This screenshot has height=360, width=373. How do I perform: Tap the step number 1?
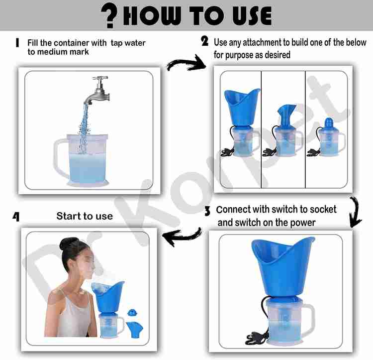(17, 43)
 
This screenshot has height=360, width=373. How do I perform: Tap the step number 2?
(204, 41)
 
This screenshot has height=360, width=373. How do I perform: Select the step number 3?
(207, 212)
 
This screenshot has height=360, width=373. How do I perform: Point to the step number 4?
(16, 217)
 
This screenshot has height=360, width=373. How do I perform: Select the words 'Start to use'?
(85, 216)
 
